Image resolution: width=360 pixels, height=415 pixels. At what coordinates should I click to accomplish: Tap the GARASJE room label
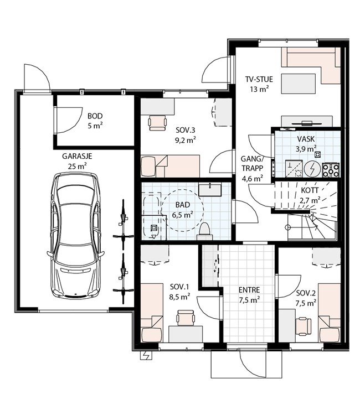(77, 156)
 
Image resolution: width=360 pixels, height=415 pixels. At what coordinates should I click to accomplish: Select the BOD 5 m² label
(95, 121)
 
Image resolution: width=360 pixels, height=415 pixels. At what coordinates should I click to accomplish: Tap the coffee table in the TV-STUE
(299, 84)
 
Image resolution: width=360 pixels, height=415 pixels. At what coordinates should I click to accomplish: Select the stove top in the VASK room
(331, 170)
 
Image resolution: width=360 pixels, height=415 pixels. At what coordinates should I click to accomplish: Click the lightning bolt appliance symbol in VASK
(312, 169)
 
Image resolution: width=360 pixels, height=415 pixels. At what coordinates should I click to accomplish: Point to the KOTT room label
(310, 190)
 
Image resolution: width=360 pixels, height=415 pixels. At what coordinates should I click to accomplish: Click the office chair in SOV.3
(158, 122)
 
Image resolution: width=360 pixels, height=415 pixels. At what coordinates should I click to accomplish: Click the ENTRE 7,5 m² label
(249, 295)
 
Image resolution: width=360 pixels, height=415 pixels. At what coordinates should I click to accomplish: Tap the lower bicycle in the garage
(122, 278)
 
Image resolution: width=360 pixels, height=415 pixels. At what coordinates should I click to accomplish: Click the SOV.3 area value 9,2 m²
(185, 140)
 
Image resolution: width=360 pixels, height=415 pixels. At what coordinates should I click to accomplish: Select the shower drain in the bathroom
(153, 227)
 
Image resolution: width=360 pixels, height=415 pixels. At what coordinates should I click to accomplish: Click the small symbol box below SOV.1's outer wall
(146, 355)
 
